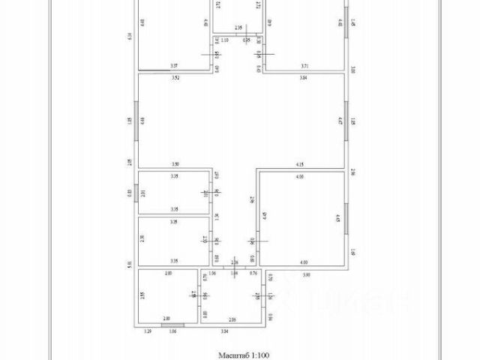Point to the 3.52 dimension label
click(175, 77)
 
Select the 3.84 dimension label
click(303, 78)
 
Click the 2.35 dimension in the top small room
click(238, 28)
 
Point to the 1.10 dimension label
click(223, 40)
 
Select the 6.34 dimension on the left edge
click(130, 35)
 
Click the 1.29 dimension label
click(148, 331)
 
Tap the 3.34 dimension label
click(224, 331)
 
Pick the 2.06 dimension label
click(232, 319)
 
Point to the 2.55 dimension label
click(142, 295)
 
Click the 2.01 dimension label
click(142, 193)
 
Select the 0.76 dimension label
click(254, 274)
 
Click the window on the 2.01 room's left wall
click(137, 193)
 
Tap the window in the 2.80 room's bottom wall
click(172, 324)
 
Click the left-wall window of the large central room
click(137, 120)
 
